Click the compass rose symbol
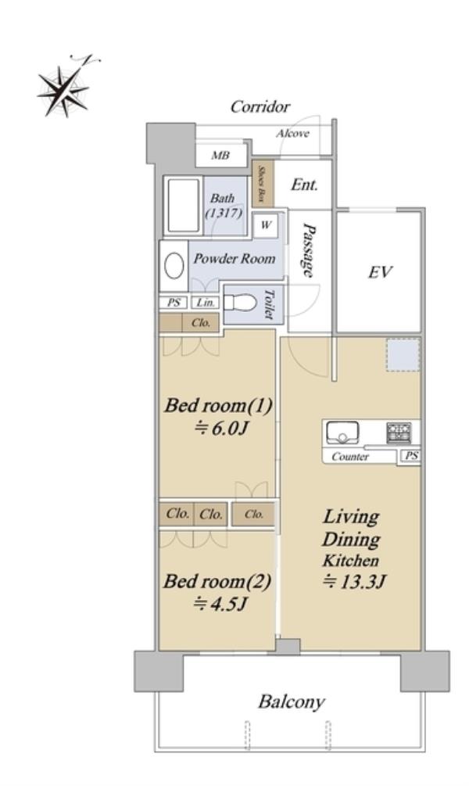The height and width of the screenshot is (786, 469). click(63, 90)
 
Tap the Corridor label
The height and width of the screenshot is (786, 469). click(260, 107)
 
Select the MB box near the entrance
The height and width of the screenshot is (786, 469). click(221, 156)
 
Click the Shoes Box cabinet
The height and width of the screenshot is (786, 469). click(263, 184)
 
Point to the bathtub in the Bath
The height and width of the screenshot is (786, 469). click(184, 205)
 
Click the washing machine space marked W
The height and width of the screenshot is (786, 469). click(266, 225)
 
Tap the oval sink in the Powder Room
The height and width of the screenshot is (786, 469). click(174, 266)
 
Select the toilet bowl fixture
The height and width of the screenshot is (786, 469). click(239, 303)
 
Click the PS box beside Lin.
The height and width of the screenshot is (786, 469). click(174, 303)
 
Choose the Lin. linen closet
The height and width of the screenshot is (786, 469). click(205, 303)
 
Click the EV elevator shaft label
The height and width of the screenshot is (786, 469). click(380, 272)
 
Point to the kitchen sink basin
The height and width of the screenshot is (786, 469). click(342, 432)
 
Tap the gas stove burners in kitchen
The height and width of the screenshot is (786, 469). click(399, 432)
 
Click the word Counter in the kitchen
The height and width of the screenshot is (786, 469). click(350, 457)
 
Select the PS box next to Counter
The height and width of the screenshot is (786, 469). click(411, 456)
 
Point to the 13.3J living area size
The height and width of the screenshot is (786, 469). click(354, 581)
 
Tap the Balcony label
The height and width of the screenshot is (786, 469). click(292, 702)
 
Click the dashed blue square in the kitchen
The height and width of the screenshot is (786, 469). click(403, 355)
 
